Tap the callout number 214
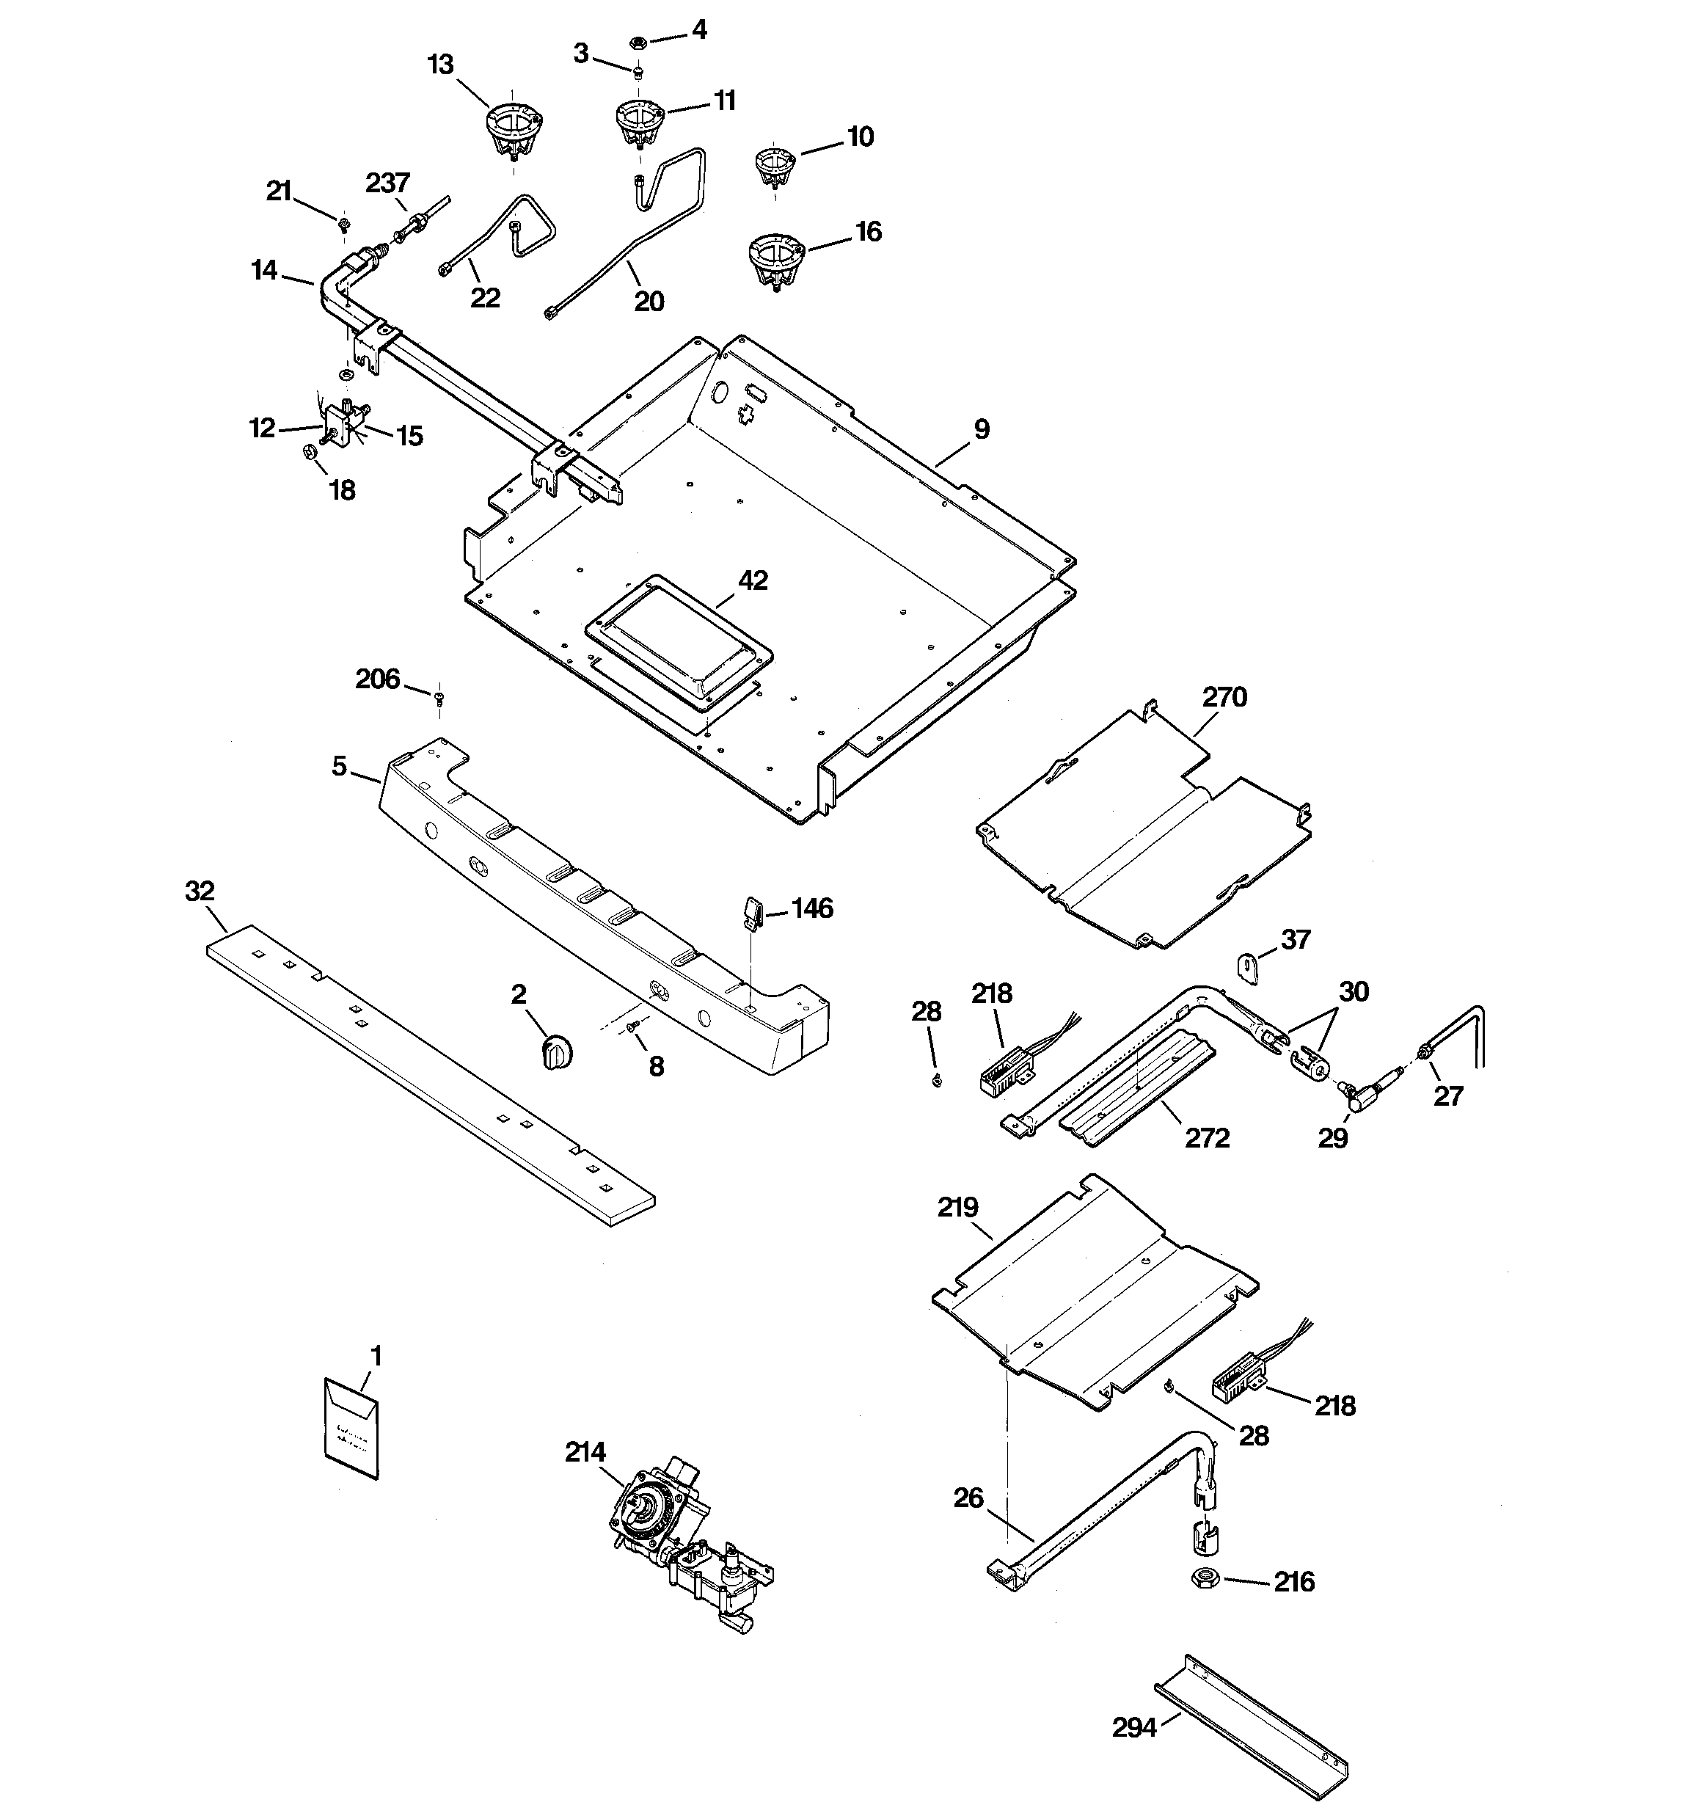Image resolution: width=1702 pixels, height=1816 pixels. (585, 1451)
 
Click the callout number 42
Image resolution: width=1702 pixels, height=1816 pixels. (753, 580)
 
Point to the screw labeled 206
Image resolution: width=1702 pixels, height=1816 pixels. (439, 698)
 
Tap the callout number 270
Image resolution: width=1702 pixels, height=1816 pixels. (1224, 697)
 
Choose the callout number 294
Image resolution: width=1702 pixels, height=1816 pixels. (1133, 1727)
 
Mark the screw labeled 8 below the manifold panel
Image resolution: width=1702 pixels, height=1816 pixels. (632, 1028)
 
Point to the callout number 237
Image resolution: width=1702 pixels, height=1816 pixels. (387, 183)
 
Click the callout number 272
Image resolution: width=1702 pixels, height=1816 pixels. (1207, 1137)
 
